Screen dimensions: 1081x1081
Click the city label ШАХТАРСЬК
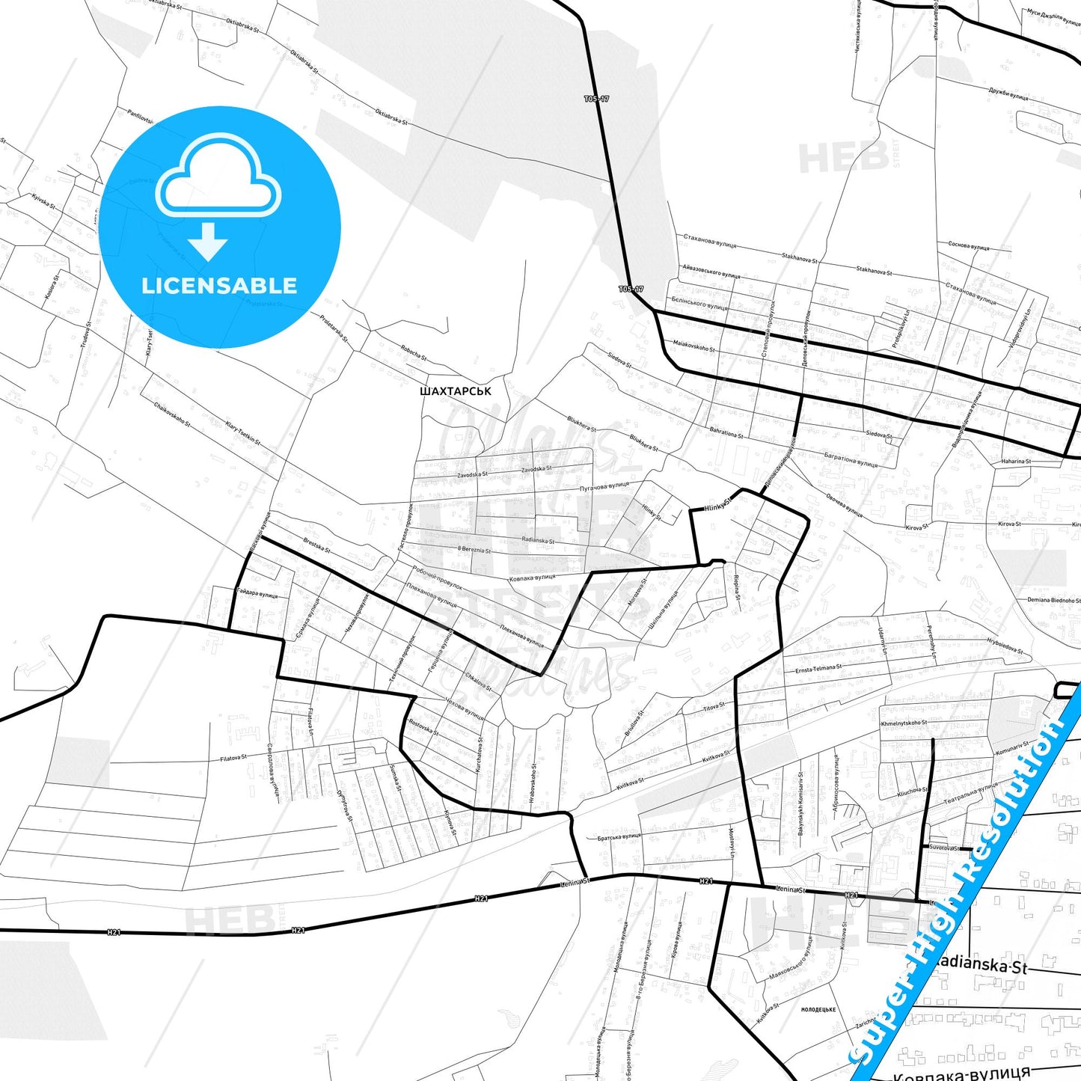pos(456,391)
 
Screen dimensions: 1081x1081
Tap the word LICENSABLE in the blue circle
pos(219,285)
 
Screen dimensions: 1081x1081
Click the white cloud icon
pos(218,180)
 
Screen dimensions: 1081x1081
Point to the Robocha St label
pos(414,352)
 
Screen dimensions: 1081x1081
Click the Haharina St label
pos(1016,462)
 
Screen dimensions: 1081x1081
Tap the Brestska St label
pos(316,545)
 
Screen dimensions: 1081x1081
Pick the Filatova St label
pos(233,758)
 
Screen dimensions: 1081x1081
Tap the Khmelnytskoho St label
pos(904,723)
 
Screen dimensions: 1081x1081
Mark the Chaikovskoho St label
pos(172,414)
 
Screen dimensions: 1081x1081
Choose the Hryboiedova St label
pos(1005,646)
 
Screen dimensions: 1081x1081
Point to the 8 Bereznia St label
pos(474,550)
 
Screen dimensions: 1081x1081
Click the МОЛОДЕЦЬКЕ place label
pos(818,1009)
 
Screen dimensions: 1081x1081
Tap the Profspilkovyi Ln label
pos(899,323)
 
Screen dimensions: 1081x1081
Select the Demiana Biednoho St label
pos(1053,600)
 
